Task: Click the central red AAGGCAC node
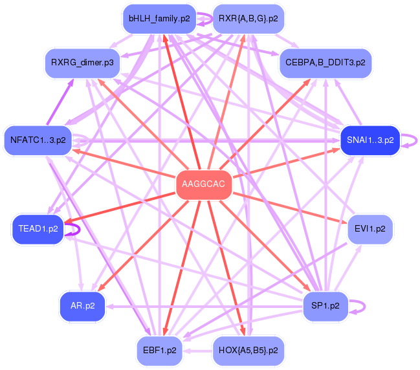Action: point(204,184)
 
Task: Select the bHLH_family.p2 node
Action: point(159,19)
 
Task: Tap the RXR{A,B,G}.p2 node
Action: point(249,19)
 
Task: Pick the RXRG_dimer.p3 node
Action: point(82,63)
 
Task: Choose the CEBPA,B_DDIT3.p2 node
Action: point(326,63)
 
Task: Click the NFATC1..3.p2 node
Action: point(38,140)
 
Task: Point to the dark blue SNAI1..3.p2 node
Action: point(370,140)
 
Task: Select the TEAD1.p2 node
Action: point(38,229)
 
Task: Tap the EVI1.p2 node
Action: point(370,229)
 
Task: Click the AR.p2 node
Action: point(82,306)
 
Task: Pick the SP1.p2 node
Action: point(326,306)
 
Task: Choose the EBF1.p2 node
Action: point(160,351)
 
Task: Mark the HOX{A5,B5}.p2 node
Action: point(249,351)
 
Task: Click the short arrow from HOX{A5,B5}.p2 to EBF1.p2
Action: point(197,351)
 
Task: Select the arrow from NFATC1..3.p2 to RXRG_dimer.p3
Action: point(60,102)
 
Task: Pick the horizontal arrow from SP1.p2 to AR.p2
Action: point(204,306)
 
